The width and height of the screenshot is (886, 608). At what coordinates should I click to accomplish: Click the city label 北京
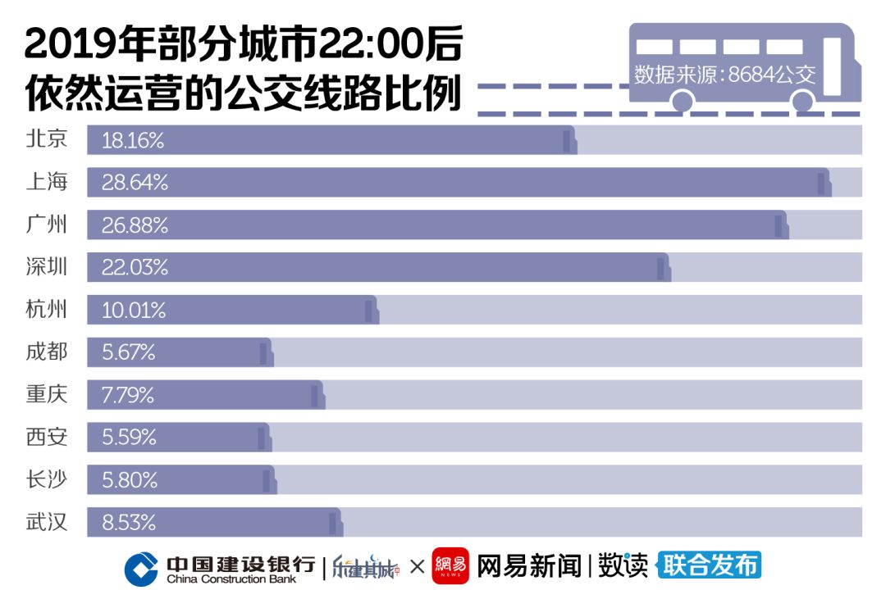(x=46, y=139)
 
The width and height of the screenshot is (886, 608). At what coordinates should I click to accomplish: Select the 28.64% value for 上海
(x=135, y=183)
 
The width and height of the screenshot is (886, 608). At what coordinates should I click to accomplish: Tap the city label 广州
(x=46, y=225)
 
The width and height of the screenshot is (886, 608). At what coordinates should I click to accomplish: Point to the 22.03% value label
(x=135, y=268)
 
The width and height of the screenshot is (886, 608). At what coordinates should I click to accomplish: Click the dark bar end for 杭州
(x=370, y=311)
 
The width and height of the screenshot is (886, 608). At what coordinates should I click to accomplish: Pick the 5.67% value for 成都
(x=129, y=353)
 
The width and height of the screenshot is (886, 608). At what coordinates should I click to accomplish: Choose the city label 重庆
(x=46, y=395)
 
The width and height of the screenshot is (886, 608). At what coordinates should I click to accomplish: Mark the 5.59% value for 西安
(x=129, y=438)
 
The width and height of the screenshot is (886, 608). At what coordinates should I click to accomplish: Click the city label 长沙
(x=46, y=480)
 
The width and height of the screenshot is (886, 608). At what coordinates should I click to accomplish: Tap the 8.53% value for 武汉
(x=129, y=523)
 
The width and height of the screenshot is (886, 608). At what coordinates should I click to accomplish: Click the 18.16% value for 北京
(x=133, y=140)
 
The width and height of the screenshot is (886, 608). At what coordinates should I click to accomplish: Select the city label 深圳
(x=46, y=267)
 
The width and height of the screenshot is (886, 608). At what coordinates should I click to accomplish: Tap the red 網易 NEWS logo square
(x=450, y=565)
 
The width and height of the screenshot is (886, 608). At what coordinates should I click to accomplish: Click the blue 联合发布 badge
(x=710, y=565)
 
